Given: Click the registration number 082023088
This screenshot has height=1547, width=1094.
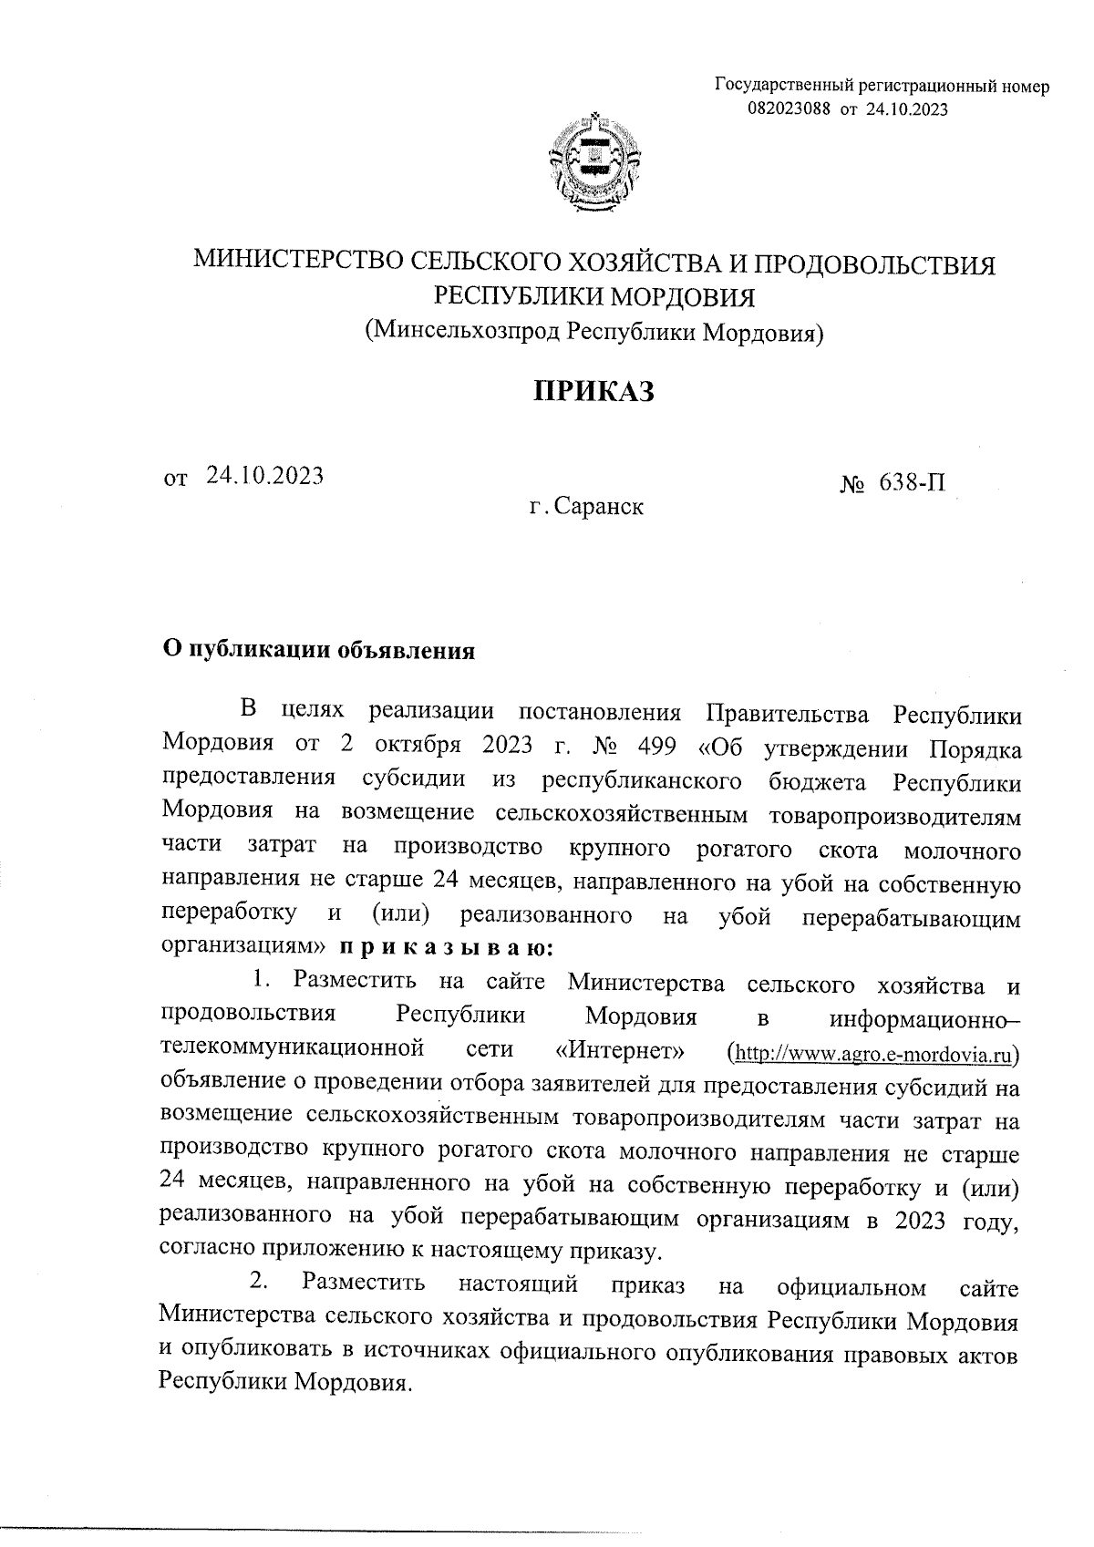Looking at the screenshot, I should [790, 109].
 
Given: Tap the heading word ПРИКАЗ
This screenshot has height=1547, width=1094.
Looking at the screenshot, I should [594, 392].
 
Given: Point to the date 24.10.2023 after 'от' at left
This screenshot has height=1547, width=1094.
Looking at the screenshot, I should [264, 476].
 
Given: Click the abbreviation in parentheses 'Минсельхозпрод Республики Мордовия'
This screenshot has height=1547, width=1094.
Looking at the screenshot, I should [594, 332].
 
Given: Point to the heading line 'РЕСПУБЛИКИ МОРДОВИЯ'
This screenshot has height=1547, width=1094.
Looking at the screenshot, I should [594, 298].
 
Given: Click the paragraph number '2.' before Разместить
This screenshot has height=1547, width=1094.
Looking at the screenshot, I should [260, 1282].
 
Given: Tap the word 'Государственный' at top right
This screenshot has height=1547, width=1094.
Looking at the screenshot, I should [777, 88].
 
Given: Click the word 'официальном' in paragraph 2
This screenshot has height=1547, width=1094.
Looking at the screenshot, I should [851, 1287].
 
